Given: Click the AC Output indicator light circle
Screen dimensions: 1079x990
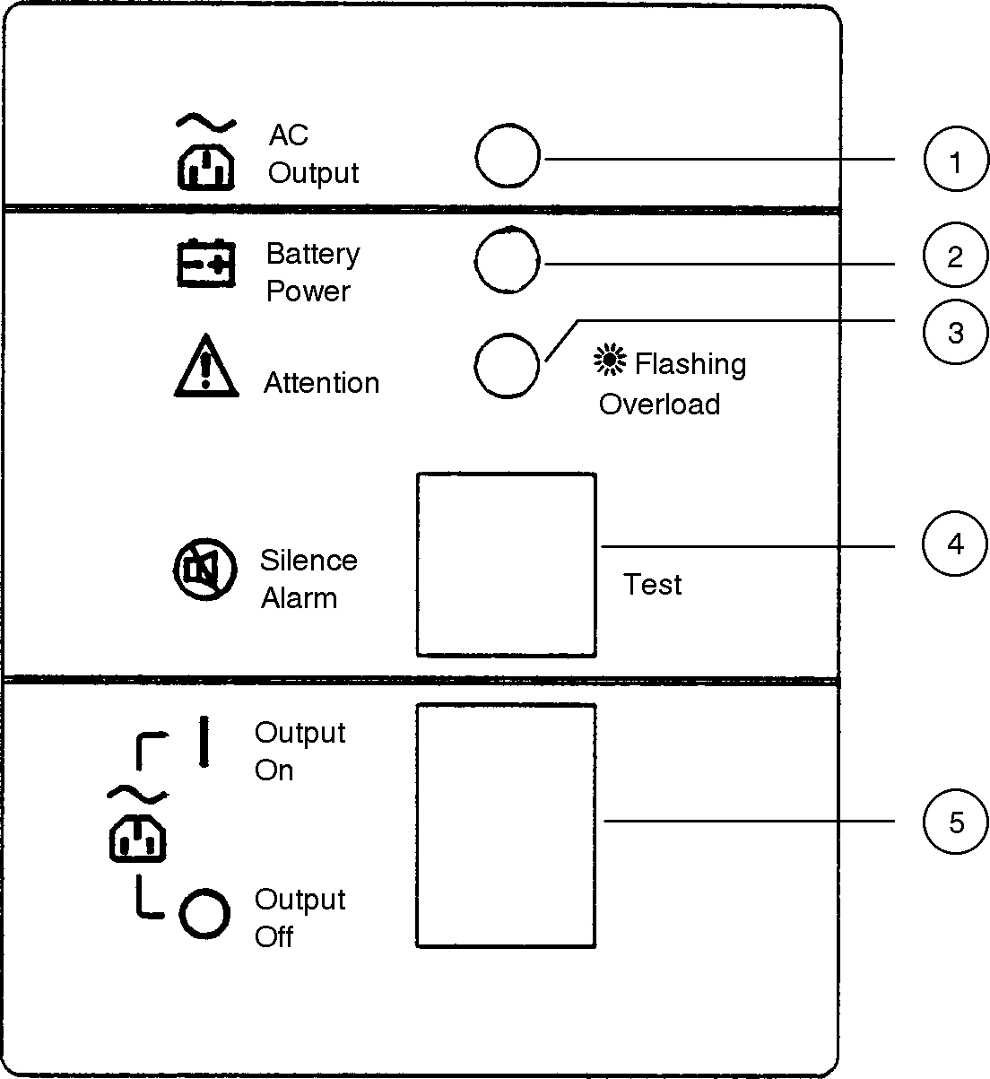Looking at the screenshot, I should coord(508,157).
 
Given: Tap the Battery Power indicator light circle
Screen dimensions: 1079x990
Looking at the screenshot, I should coord(508,261).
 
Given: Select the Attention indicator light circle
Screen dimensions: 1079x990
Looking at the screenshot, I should coord(508,365).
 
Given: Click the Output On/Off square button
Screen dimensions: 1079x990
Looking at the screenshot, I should coord(507,825).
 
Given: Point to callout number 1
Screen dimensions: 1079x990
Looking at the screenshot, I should coord(955,162).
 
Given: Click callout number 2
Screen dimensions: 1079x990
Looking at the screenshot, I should coord(955,257).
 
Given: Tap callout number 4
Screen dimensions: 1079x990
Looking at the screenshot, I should coord(955,544).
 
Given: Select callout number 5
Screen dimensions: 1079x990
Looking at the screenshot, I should coord(955,822).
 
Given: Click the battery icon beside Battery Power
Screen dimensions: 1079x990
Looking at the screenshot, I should coord(205,264).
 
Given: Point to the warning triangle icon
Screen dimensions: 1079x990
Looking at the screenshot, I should coord(206,367).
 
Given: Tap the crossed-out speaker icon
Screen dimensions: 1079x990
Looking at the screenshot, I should coord(204,570).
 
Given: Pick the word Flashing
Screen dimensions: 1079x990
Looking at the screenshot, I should coord(690,364).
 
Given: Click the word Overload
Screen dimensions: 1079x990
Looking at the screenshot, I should coord(659,405).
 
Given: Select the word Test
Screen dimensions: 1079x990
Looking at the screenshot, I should coord(653,585).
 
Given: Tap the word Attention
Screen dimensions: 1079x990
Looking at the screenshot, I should coord(321,383).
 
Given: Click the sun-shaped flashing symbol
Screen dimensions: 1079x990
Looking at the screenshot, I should coord(611,361).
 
